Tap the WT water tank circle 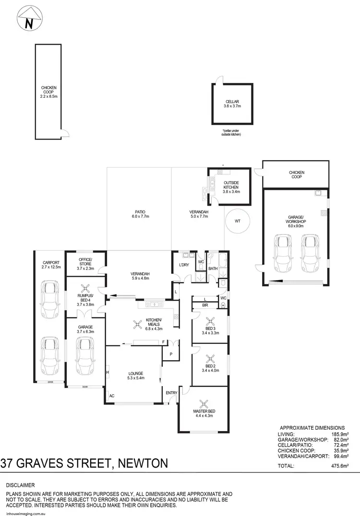[x=237, y=221]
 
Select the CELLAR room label [x=232, y=102]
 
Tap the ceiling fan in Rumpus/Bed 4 [x=85, y=289]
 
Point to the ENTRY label [x=171, y=393]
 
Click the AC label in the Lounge [x=112, y=396]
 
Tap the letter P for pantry [x=170, y=353]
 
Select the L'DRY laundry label [x=183, y=265]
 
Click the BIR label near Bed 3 [x=205, y=305]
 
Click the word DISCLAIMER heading [x=20, y=485]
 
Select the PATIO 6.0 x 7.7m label [x=140, y=214]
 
